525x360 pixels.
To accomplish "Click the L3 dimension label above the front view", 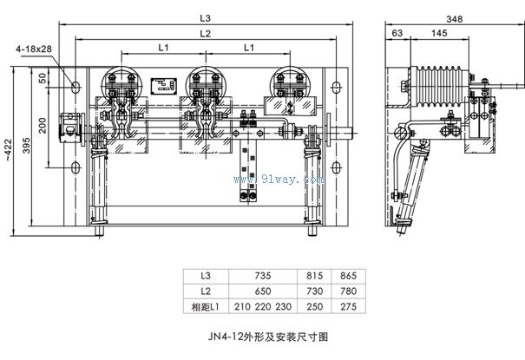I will [204, 18].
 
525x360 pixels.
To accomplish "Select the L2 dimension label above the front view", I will [205, 33].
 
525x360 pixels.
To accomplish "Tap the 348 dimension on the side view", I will [450, 18].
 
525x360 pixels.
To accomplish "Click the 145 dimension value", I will [437, 33].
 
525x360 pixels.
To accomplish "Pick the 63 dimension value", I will [397, 33].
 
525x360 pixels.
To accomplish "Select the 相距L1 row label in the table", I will [207, 307].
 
